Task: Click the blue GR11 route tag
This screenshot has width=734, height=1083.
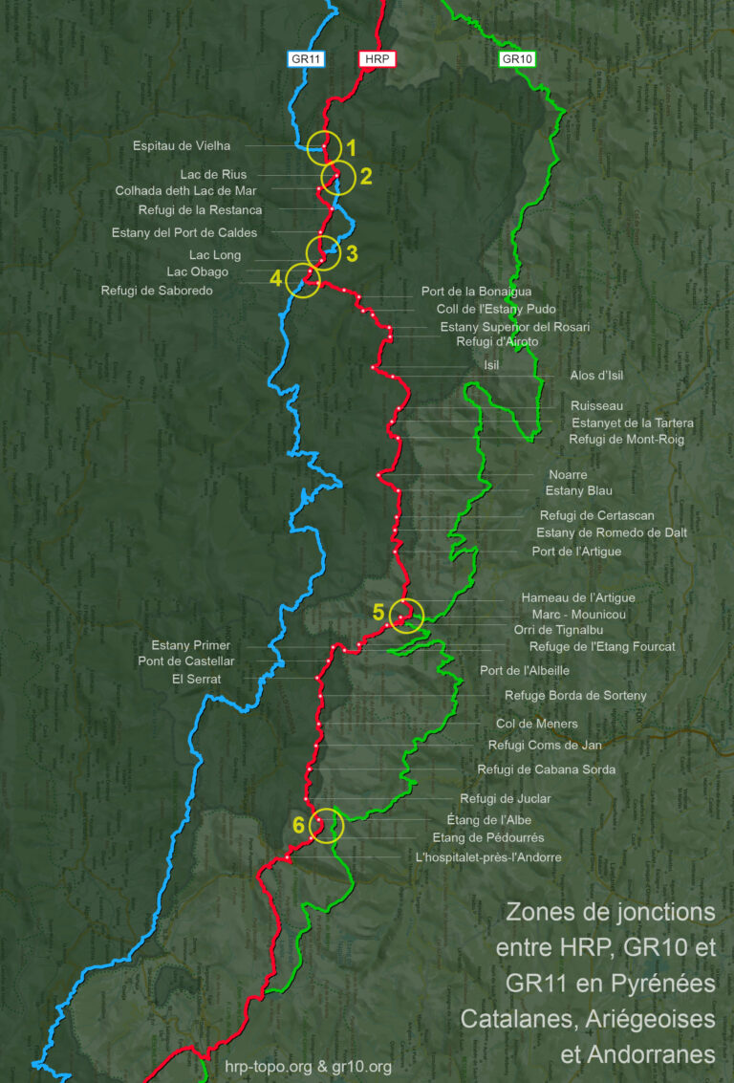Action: [x=308, y=59]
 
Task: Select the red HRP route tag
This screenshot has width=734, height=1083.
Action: [x=377, y=59]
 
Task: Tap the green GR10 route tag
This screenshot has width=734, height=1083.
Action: [x=517, y=59]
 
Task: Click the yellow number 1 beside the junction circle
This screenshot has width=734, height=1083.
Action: [x=351, y=148]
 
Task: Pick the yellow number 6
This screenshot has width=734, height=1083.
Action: [x=299, y=825]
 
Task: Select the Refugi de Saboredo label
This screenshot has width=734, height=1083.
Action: [x=157, y=291]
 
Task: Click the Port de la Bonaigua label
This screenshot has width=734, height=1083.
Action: [x=476, y=292]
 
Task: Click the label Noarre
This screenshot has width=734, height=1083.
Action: [x=568, y=475]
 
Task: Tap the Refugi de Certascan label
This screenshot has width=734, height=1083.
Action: [x=596, y=515]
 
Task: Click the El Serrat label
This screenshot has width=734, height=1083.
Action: [x=196, y=679]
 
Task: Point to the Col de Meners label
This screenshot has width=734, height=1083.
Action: [x=536, y=725]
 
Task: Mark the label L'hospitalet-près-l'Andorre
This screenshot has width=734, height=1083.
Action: [x=488, y=857]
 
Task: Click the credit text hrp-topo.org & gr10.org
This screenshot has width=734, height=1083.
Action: [x=309, y=1067]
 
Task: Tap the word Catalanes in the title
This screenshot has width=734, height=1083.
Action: [x=529, y=1019]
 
